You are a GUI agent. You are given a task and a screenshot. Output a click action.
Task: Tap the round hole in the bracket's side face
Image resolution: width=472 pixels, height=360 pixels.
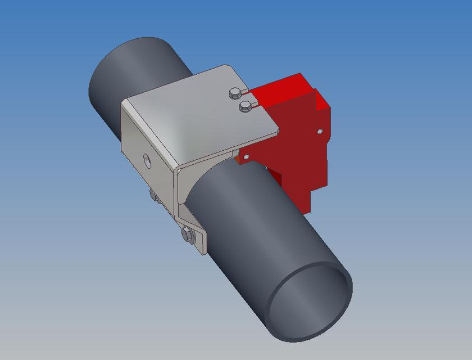click(x=147, y=160)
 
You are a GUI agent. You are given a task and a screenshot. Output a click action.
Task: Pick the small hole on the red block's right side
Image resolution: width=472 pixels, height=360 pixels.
click(x=319, y=131)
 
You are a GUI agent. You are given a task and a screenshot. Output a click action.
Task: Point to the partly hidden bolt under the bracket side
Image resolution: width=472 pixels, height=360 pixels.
click(x=153, y=195)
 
